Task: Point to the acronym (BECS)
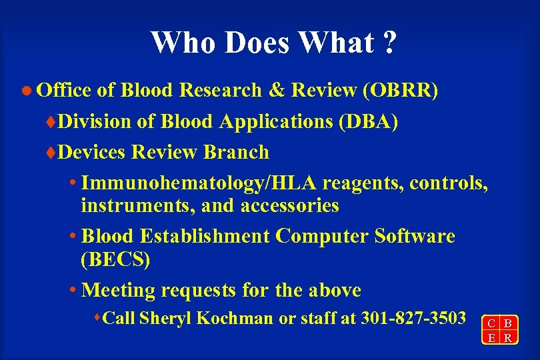click(115, 259)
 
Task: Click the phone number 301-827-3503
click(413, 318)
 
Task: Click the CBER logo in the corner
click(499, 329)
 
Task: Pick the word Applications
click(257, 121)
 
